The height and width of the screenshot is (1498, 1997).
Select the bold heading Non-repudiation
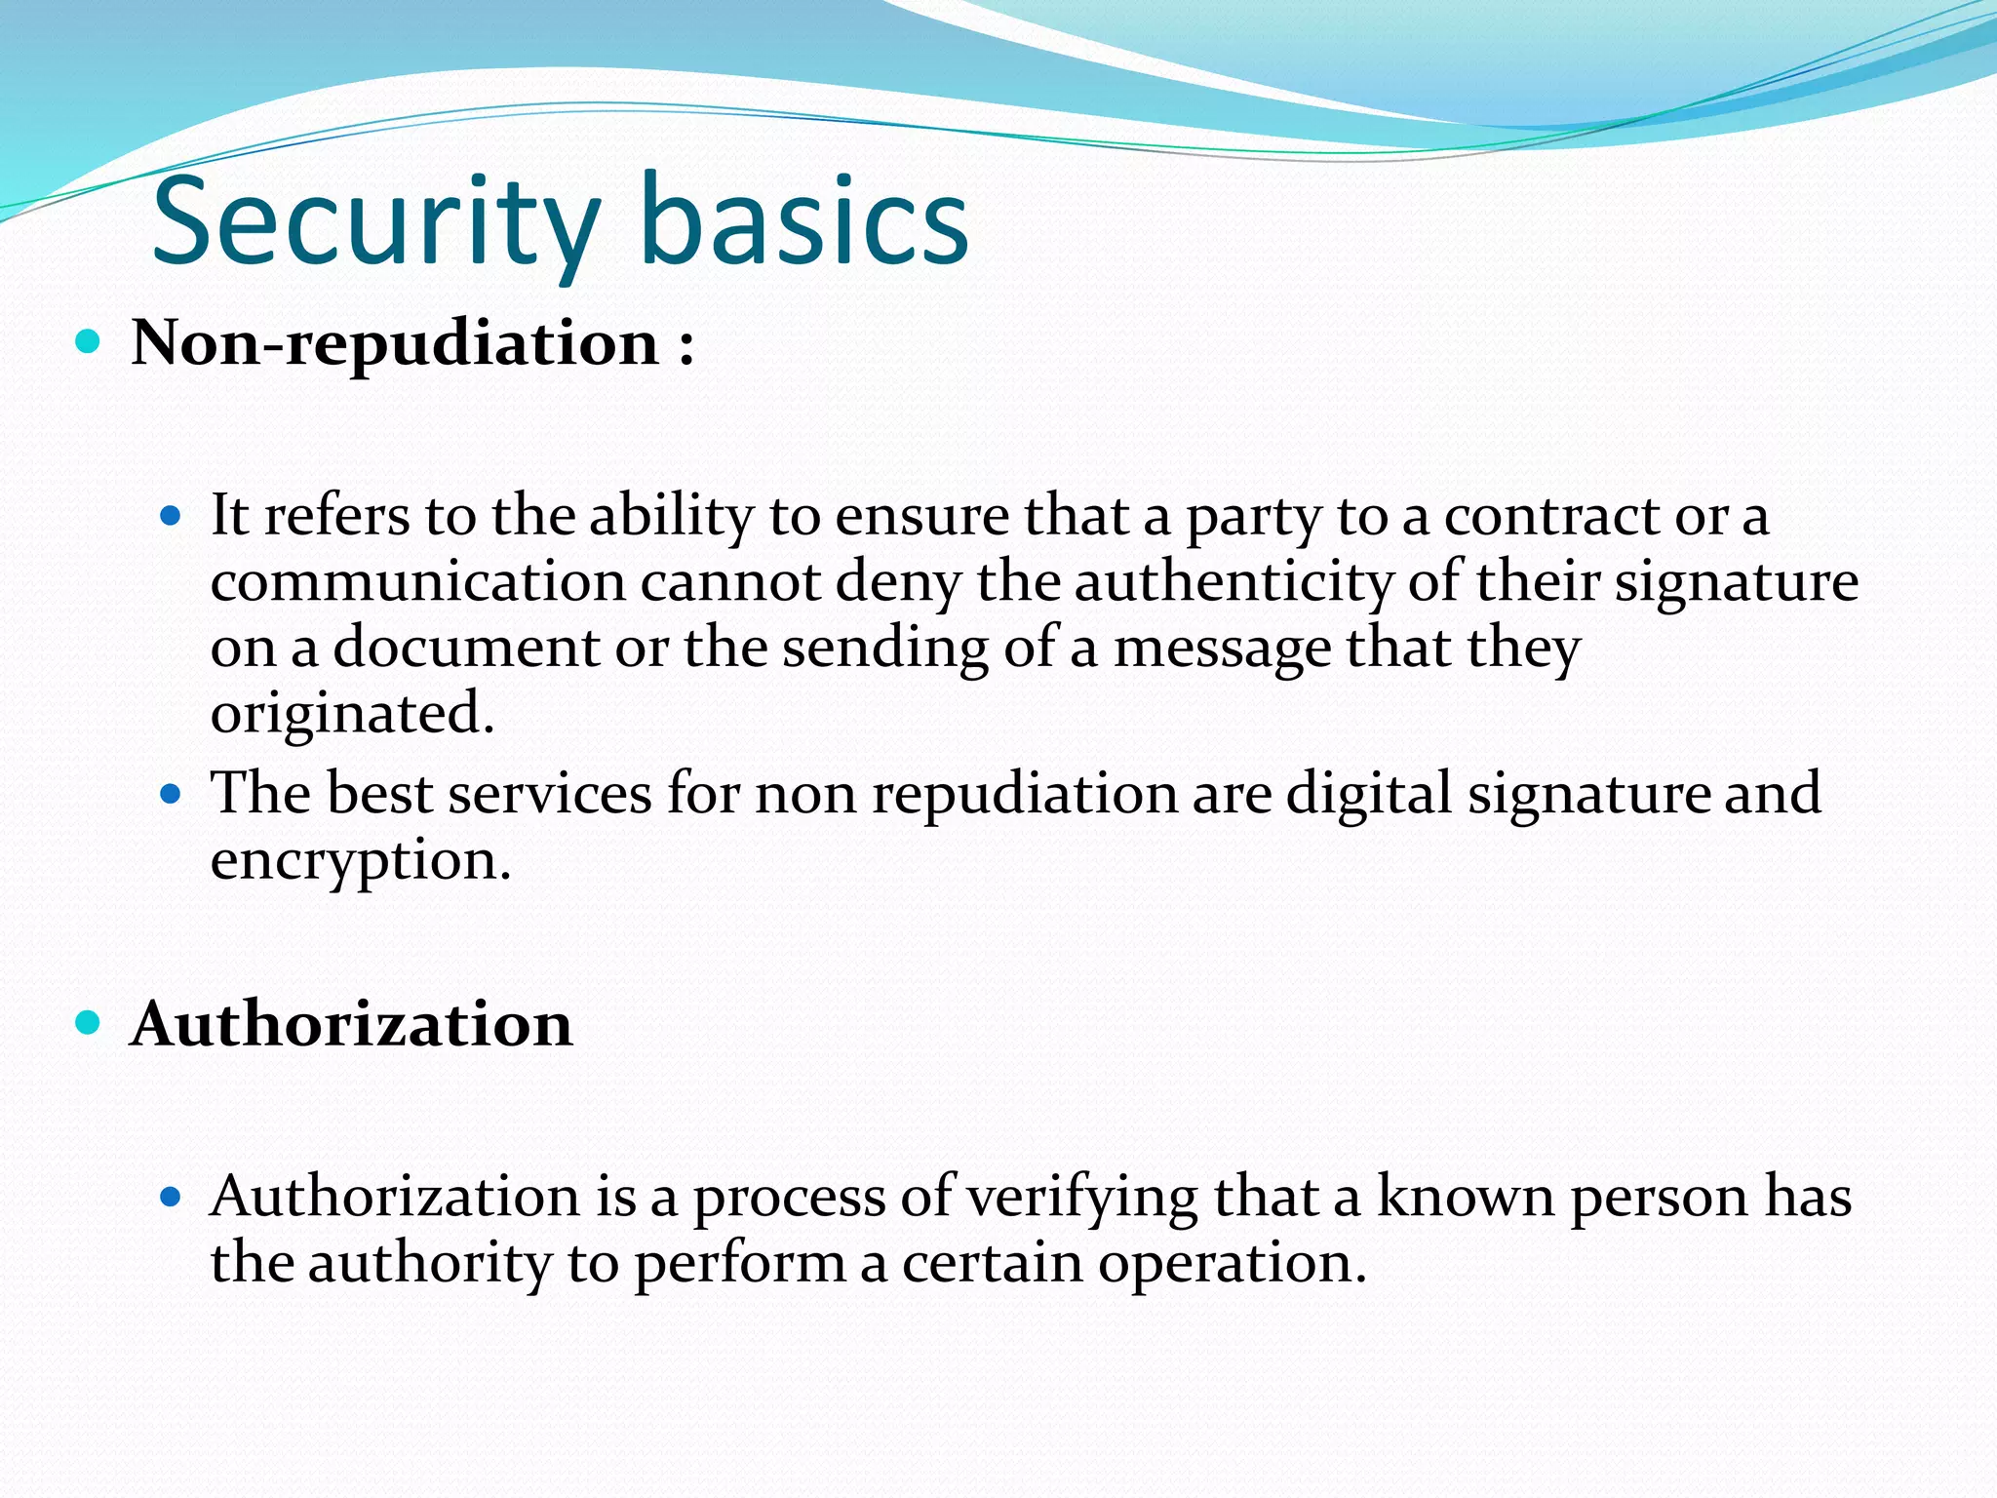pos(395,343)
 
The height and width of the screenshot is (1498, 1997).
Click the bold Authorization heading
pos(351,1024)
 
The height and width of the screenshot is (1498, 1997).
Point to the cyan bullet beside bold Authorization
pos(88,1023)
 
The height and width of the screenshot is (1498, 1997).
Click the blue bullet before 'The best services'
pos(171,794)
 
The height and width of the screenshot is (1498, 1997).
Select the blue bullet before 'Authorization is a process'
pos(171,1197)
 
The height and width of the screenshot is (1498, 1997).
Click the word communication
pos(417,582)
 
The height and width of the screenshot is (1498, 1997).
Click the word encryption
pos(360,861)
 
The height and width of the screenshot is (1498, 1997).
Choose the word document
pos(466,648)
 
